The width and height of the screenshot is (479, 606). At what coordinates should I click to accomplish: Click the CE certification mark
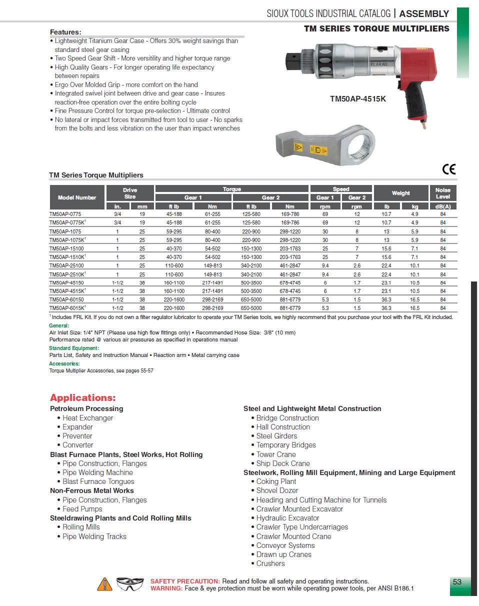click(449, 169)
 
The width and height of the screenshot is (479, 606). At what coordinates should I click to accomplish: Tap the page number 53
click(457, 581)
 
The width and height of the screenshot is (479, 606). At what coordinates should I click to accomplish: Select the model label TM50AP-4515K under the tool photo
click(357, 99)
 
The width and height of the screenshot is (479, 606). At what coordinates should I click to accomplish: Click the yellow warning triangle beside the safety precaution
click(104, 584)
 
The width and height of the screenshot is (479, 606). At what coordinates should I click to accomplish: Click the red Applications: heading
click(82, 398)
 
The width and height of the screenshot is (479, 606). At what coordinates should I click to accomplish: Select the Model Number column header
click(77, 197)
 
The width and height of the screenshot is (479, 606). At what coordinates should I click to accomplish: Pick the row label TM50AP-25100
click(66, 266)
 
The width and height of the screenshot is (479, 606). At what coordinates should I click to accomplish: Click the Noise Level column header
click(442, 193)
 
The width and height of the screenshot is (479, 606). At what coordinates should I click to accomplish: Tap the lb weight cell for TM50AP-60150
click(386, 300)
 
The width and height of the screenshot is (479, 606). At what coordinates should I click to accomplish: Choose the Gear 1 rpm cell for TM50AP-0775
click(325, 214)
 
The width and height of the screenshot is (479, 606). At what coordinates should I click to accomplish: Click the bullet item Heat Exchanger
click(87, 418)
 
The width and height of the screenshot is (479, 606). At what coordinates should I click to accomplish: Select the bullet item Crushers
click(270, 563)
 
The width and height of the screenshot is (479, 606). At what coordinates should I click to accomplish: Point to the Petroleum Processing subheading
click(86, 408)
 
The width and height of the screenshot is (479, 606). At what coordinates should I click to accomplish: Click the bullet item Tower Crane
click(276, 454)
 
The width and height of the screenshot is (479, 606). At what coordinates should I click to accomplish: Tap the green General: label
click(59, 325)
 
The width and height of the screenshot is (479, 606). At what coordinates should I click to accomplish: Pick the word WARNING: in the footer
click(166, 588)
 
